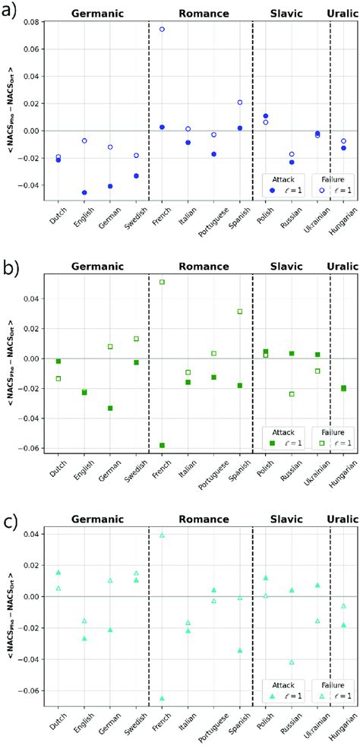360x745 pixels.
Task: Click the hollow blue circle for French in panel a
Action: click(x=162, y=30)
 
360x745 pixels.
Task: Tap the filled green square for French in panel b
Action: click(x=162, y=445)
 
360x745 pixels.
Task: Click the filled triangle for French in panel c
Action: click(x=162, y=698)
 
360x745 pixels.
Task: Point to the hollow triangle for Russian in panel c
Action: click(x=292, y=662)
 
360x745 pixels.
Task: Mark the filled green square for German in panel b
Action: click(x=110, y=408)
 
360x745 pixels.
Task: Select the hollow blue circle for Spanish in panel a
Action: click(x=240, y=103)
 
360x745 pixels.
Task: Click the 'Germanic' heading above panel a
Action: click(x=98, y=14)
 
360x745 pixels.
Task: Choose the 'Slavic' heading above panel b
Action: click(x=286, y=266)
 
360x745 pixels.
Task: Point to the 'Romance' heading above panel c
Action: click(x=204, y=519)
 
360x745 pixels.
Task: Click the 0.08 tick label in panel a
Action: click(x=30, y=22)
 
